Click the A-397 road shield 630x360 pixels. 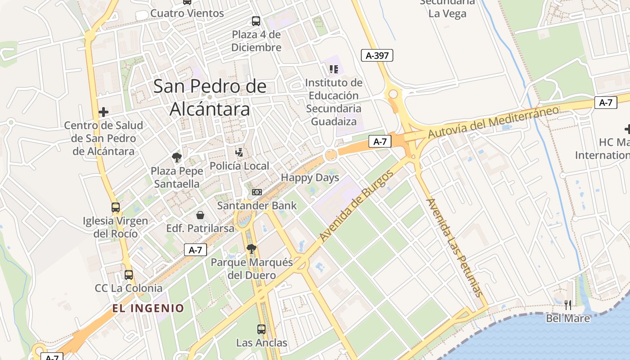coord(377,55)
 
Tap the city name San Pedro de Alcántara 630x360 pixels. coord(210,98)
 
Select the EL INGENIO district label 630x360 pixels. coord(148,308)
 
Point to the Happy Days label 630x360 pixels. coord(310,178)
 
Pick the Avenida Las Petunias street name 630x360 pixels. coord(454,247)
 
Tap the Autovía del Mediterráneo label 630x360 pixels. coord(493,122)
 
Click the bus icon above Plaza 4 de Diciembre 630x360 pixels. coord(256,21)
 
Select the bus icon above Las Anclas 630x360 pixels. coord(261,329)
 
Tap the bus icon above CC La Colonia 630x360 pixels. coord(129,274)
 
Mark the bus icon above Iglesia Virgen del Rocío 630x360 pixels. coord(116,207)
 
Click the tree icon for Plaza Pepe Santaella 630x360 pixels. coord(176,157)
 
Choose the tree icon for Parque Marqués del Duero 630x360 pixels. coord(252,248)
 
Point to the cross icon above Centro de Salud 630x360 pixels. coord(103,112)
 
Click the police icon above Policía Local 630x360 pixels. coord(239,153)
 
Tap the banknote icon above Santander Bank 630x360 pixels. coord(257,192)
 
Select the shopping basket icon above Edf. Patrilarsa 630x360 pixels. coord(200,215)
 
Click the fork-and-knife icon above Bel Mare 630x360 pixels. coord(568,305)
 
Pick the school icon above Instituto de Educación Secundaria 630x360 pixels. coord(333,69)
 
